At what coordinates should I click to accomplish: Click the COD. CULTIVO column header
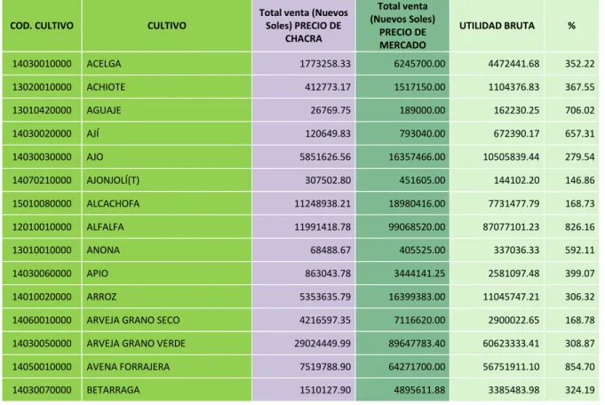(42, 26)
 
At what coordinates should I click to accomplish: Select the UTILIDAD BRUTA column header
(497, 26)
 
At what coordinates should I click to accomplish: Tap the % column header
(571, 26)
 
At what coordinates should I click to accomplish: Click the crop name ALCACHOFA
(113, 203)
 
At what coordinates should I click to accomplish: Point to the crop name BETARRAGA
(113, 390)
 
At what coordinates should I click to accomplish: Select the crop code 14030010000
(42, 64)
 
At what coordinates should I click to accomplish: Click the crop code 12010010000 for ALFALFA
(42, 226)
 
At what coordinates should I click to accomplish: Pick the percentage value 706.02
(579, 110)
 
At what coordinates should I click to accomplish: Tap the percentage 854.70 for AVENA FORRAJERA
(579, 367)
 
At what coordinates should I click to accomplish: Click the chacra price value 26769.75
(330, 110)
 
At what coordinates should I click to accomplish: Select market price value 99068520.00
(417, 226)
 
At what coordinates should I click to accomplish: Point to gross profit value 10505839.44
(511, 157)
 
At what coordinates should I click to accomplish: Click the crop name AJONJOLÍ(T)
(113, 180)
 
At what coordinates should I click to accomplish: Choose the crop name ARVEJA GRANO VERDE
(136, 344)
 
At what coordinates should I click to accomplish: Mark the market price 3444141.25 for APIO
(419, 274)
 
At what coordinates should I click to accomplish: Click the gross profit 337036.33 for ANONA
(516, 250)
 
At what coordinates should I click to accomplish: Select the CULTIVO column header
(167, 26)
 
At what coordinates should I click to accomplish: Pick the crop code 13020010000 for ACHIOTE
(42, 87)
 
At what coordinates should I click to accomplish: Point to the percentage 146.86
(579, 180)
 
